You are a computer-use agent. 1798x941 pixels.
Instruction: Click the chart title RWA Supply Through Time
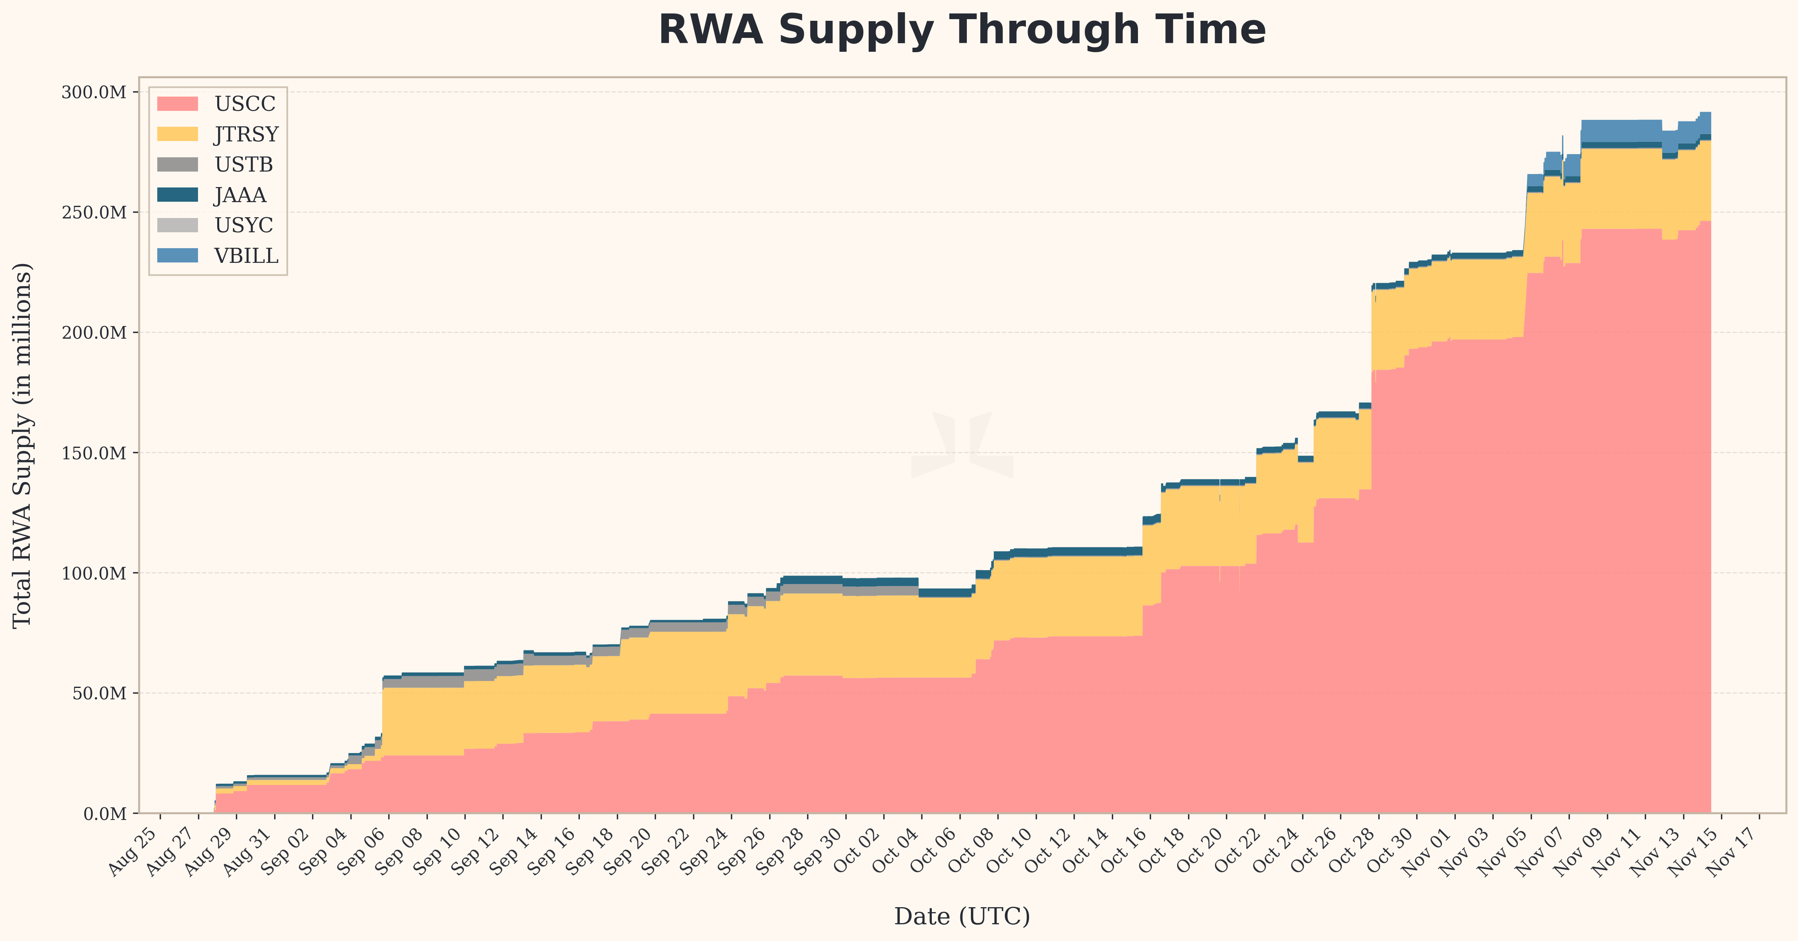[x=962, y=30]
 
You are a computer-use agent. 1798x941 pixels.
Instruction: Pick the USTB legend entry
[x=244, y=165]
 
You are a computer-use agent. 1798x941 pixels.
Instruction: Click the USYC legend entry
[x=244, y=225]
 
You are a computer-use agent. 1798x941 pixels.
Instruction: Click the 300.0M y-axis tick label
[x=94, y=92]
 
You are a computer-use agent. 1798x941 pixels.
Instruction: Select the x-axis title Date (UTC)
[x=962, y=916]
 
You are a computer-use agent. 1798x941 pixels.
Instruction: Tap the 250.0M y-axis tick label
[x=94, y=212]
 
